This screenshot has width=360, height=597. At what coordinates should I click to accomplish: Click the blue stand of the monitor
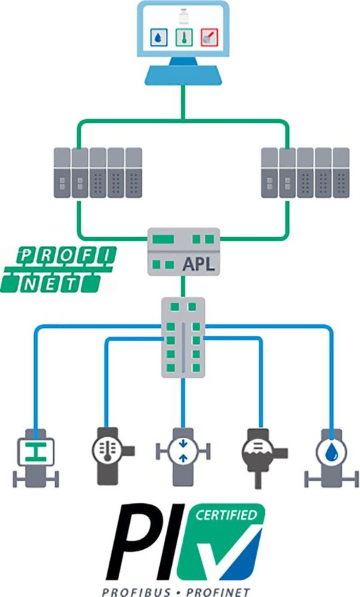181,74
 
